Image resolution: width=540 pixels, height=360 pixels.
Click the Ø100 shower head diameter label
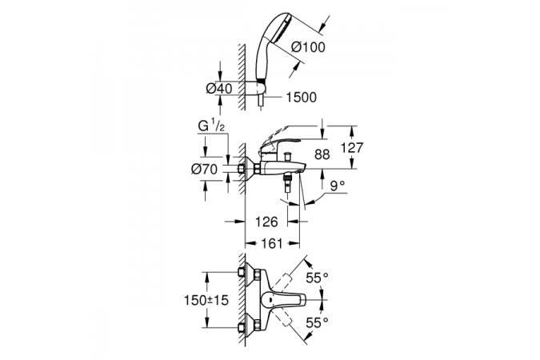pyautogui.click(x=308, y=47)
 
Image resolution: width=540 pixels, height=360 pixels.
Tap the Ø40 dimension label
pyautogui.click(x=219, y=89)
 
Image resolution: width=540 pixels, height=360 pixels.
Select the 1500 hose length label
pyautogui.click(x=302, y=98)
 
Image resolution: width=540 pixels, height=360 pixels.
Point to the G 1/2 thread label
pyautogui.click(x=211, y=126)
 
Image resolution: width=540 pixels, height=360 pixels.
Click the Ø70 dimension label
pyautogui.click(x=205, y=169)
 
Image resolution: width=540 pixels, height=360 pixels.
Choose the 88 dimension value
pyautogui.click(x=322, y=154)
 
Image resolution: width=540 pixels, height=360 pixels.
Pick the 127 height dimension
pyautogui.click(x=352, y=148)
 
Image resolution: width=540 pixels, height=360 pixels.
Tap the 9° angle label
pyautogui.click(x=338, y=186)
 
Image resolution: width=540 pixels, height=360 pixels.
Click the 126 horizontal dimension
pyautogui.click(x=266, y=222)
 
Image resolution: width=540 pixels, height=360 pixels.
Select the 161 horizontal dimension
pyautogui.click(x=272, y=244)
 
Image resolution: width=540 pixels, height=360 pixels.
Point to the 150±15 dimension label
pyautogui.click(x=206, y=301)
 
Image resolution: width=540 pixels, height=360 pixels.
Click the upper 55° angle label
pyautogui.click(x=317, y=278)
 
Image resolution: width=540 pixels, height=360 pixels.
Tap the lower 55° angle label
pyautogui.click(x=317, y=322)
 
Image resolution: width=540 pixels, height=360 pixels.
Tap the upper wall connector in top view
pyautogui.click(x=250, y=273)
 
